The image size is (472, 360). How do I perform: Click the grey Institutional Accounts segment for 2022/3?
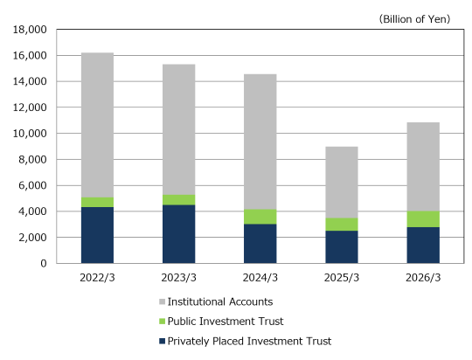click(97, 125)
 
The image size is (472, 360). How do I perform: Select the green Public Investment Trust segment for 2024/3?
click(260, 217)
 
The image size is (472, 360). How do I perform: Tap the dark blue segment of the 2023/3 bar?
click(179, 234)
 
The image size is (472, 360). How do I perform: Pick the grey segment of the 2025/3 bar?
click(342, 183)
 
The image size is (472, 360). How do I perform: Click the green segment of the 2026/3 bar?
click(423, 219)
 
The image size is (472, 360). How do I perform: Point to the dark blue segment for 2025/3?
click(342, 247)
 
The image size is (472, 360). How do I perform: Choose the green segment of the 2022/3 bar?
click(97, 202)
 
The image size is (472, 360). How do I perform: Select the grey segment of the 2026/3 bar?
click(423, 167)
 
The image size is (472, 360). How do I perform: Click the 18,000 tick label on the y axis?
click(30, 30)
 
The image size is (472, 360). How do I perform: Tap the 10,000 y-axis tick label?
click(30, 134)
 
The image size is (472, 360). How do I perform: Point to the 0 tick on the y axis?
click(44, 263)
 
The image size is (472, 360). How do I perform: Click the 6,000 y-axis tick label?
click(33, 185)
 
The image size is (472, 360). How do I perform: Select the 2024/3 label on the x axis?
click(260, 278)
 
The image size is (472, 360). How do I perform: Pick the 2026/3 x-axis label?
click(423, 278)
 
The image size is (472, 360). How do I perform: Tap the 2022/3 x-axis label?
click(97, 278)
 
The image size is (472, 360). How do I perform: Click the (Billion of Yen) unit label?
click(414, 19)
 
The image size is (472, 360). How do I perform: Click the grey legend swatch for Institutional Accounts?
click(163, 302)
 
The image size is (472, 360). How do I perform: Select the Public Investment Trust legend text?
click(226, 322)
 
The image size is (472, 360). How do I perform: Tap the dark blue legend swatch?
click(163, 341)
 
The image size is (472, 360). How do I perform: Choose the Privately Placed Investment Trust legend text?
click(249, 341)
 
